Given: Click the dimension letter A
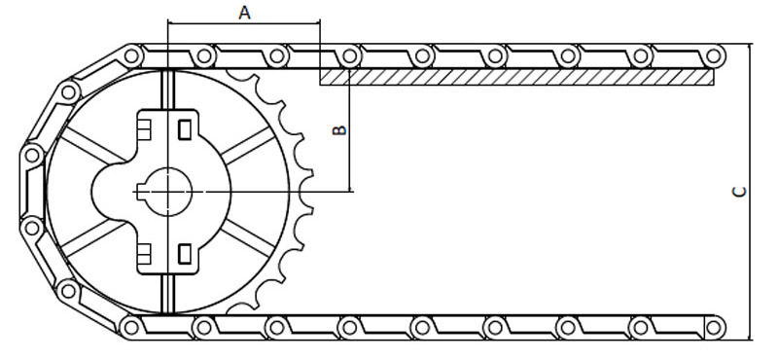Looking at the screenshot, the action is tap(244, 13).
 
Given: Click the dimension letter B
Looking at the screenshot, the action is tap(339, 130).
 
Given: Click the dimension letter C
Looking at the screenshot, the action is tap(739, 192).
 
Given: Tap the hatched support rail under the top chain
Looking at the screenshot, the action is tap(516, 77).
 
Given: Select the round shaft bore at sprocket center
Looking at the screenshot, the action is tap(169, 192).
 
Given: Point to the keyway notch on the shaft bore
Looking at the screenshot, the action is tap(141, 192).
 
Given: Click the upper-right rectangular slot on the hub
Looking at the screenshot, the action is tap(185, 129).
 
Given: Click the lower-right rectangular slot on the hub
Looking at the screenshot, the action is tap(185, 254).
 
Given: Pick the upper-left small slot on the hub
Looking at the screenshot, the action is tap(144, 129).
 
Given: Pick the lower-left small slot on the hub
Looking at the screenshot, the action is tap(144, 254).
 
